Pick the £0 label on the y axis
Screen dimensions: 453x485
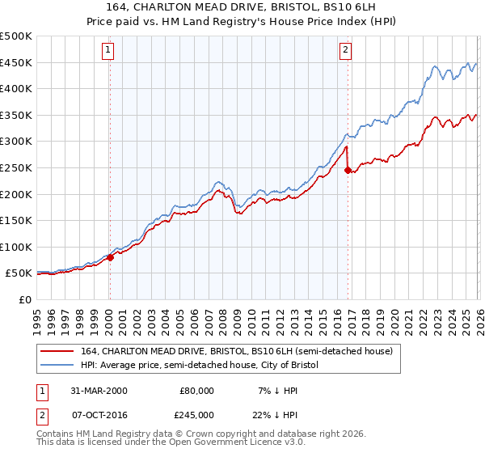[x=24, y=299]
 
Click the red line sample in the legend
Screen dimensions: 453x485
[x=58, y=351]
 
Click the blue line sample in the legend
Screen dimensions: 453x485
[x=58, y=365]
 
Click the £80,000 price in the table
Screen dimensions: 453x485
[x=196, y=391]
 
